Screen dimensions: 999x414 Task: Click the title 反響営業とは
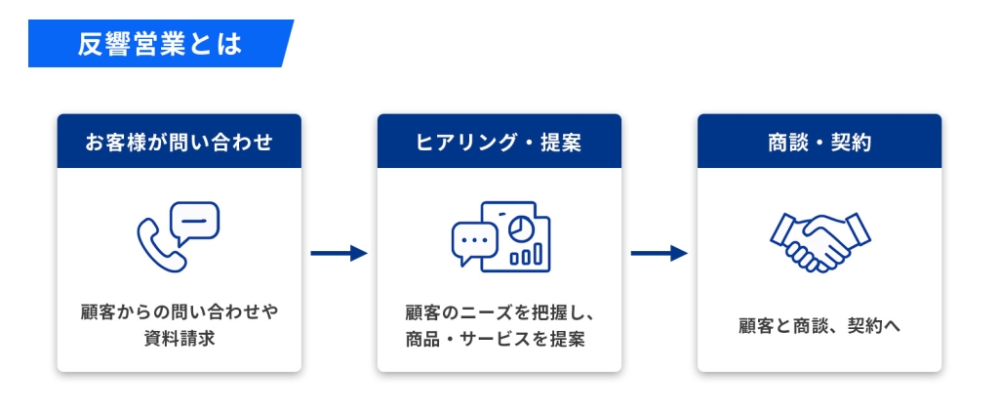pyautogui.click(x=160, y=43)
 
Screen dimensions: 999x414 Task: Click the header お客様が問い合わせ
pyautogui.click(x=180, y=143)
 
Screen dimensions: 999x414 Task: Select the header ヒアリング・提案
pyautogui.click(x=499, y=143)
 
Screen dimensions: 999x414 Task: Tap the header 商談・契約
pyautogui.click(x=819, y=143)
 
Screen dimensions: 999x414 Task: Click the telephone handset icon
pyautogui.click(x=158, y=247)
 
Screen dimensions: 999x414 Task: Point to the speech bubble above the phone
pyautogui.click(x=195, y=223)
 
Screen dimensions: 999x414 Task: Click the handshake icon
pyautogui.click(x=819, y=242)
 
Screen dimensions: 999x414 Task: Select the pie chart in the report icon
pyautogui.click(x=521, y=228)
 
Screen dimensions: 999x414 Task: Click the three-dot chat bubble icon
pyautogui.click(x=474, y=242)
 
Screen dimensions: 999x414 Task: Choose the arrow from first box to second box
pyautogui.click(x=339, y=253)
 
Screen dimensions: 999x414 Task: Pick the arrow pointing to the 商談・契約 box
pyautogui.click(x=659, y=253)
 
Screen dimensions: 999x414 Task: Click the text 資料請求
pyautogui.click(x=180, y=338)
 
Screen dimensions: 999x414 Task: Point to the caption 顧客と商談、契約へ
pyautogui.click(x=819, y=326)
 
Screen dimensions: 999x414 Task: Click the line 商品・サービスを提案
pyautogui.click(x=495, y=339)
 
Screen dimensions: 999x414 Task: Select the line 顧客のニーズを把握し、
pyautogui.click(x=499, y=313)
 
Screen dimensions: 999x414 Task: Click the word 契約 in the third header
pyautogui.click(x=851, y=143)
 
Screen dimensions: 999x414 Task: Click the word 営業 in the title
pyautogui.click(x=160, y=43)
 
